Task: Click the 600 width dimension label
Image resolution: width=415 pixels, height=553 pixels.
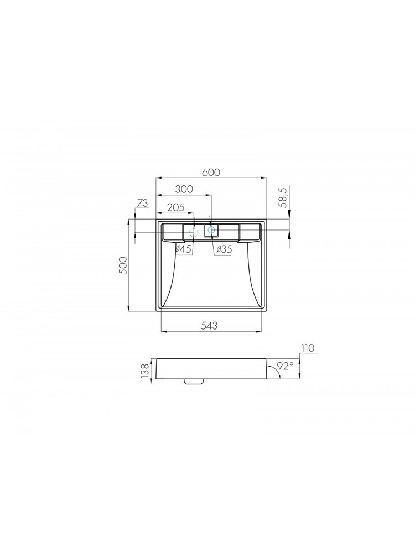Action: coord(211,172)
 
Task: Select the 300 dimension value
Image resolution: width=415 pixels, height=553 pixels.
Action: coord(184,189)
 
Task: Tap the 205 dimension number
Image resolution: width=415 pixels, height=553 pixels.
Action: coord(176,207)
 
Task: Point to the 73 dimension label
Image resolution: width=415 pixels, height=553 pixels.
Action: coord(142,204)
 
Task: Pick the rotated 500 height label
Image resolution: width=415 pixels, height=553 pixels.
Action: coord(122,265)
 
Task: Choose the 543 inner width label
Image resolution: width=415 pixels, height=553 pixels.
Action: coord(209,326)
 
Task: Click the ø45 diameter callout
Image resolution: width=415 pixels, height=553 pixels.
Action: coord(184,249)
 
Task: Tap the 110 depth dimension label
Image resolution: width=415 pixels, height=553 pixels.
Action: coord(307,348)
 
